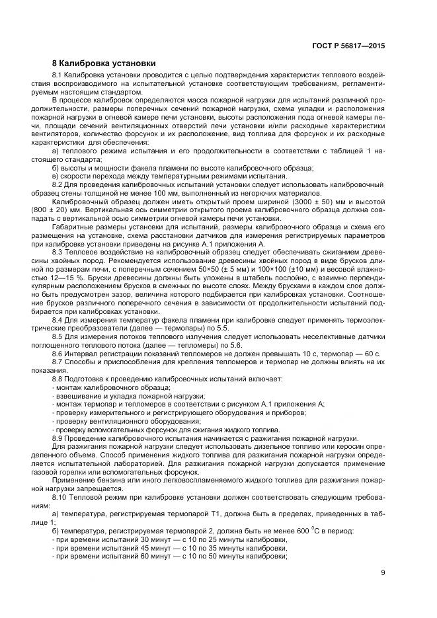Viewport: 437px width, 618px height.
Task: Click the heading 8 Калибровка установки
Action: tap(104, 63)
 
